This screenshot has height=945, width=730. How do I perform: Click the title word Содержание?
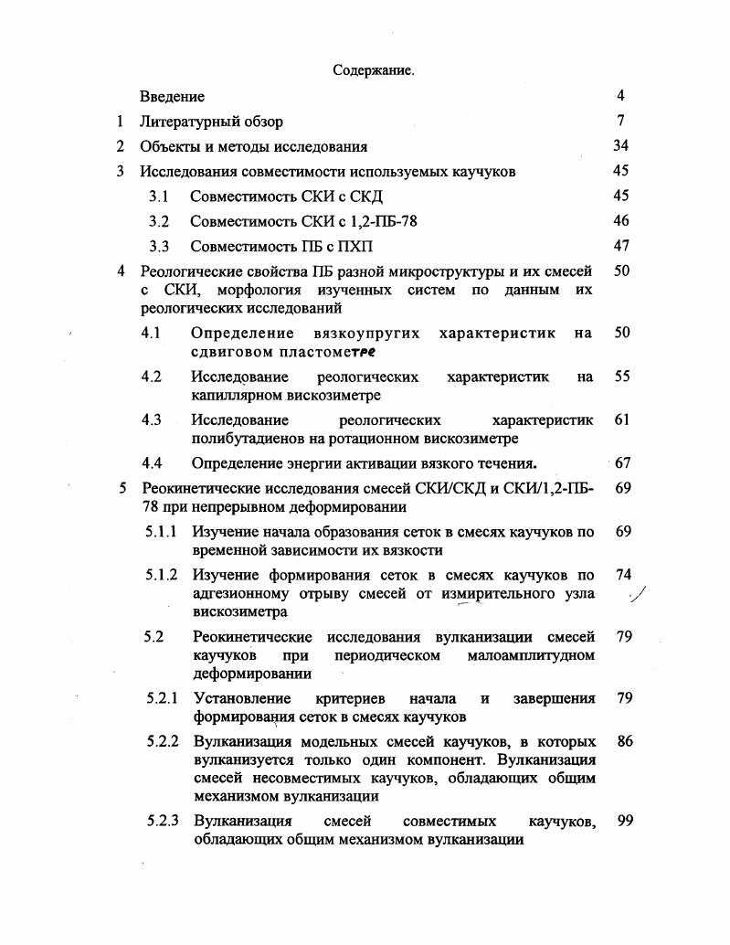(x=373, y=70)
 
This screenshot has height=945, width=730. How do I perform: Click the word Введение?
(x=172, y=96)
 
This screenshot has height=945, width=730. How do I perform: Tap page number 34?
(x=620, y=145)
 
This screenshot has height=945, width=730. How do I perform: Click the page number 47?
(x=621, y=246)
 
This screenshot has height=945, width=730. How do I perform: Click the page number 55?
(x=622, y=376)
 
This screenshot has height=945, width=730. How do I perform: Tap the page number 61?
(x=622, y=419)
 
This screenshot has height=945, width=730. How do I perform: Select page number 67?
(x=622, y=462)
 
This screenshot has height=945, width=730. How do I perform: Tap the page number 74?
(x=624, y=575)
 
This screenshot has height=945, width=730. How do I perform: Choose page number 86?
(x=625, y=741)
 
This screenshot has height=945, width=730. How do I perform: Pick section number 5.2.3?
(x=165, y=821)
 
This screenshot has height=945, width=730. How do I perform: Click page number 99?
(x=625, y=821)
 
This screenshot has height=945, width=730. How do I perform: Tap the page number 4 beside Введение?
(x=620, y=95)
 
